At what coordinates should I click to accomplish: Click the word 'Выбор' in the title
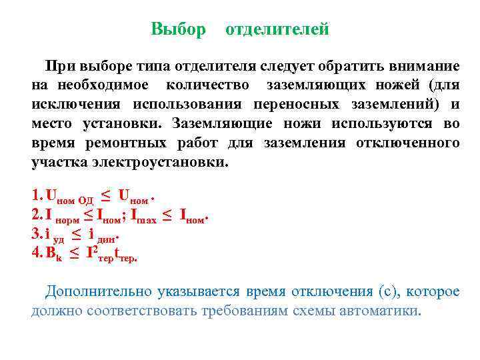coord(178,29)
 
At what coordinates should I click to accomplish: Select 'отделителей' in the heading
coord(277,29)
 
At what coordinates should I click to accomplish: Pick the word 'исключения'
coord(76,105)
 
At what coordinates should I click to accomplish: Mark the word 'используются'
coord(386,124)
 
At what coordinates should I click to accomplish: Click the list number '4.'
coord(37,252)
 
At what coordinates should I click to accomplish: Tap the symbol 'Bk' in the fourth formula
coord(54,253)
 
